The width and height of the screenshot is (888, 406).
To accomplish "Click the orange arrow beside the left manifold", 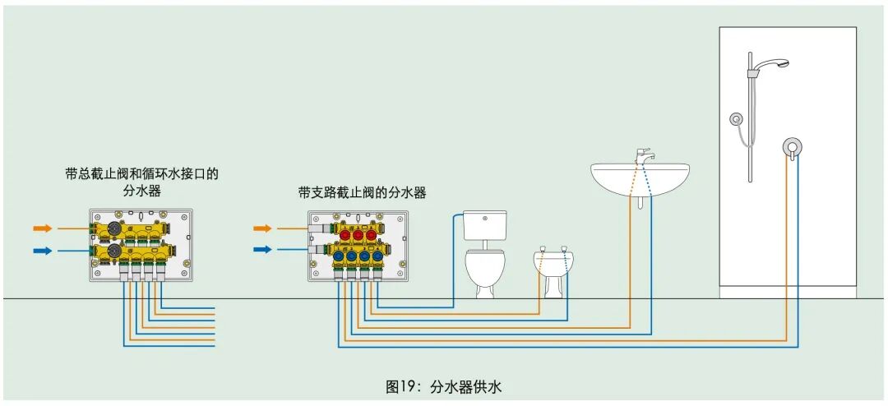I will click(x=43, y=227).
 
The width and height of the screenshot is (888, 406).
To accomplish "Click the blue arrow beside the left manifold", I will click(x=43, y=250).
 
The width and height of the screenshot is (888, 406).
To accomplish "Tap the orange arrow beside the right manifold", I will click(x=262, y=228).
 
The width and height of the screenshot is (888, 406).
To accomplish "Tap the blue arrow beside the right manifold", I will click(x=262, y=249).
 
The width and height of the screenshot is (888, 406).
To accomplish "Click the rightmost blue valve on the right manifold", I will click(x=377, y=256).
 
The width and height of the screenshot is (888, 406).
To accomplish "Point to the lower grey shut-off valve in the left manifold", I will click(x=108, y=251).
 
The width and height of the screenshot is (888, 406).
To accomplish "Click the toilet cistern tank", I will click(x=483, y=223).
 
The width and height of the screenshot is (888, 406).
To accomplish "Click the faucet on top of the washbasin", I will click(x=644, y=155).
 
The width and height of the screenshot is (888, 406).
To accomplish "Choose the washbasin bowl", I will click(x=640, y=177).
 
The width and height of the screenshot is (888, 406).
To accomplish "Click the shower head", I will click(x=771, y=63).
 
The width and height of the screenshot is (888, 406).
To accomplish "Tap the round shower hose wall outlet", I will click(x=736, y=119).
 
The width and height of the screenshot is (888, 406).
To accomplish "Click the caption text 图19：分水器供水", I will click(x=443, y=385).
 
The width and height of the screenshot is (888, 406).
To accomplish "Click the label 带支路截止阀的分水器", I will click(x=362, y=192).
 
